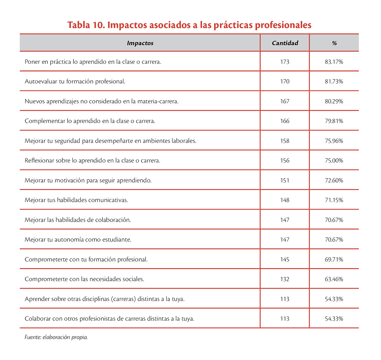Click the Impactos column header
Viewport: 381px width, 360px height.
pos(140,43)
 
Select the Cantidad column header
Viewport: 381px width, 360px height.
pos(285,43)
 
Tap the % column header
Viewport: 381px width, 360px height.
pos(334,43)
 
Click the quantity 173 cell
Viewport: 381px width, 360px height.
pos(285,62)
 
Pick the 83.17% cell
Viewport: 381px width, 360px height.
pos(334,62)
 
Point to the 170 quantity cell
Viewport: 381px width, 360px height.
pos(285,81)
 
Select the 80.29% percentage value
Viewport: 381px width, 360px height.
pos(334,101)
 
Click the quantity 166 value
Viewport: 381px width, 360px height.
pos(285,121)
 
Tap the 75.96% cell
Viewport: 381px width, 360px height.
pos(334,141)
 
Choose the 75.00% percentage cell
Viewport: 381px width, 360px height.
pos(334,160)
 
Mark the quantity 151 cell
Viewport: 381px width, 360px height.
pos(285,180)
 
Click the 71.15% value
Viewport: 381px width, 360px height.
pos(334,200)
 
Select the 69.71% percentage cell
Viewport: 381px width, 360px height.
pos(334,259)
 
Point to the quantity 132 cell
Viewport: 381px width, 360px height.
pos(285,279)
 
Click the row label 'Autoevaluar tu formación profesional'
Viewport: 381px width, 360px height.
pos(75,81)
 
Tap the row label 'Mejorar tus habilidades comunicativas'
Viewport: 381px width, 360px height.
pos(76,200)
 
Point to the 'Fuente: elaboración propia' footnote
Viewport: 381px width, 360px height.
pos(56,336)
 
